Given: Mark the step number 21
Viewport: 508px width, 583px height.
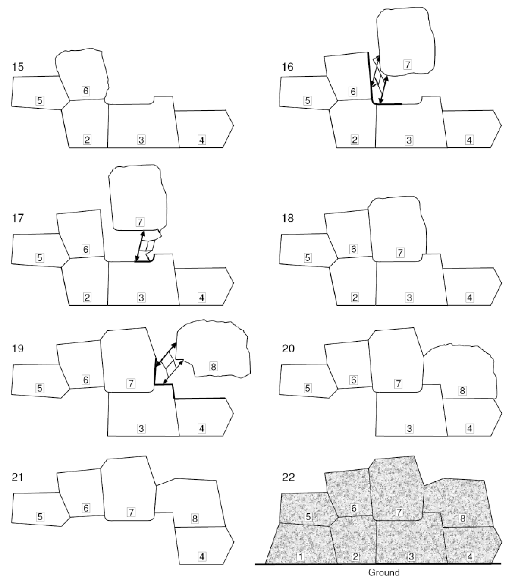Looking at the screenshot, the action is [18, 477].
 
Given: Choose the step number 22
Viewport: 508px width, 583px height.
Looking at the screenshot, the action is [288, 477].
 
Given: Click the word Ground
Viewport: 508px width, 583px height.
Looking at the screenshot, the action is [384, 572].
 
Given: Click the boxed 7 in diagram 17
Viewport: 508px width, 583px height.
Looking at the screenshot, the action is [140, 222].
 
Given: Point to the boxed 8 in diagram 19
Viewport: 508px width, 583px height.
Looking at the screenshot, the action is [213, 367].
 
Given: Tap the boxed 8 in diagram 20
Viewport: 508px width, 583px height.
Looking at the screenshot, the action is [462, 391].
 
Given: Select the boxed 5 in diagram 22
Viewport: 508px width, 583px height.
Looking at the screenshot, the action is [308, 517].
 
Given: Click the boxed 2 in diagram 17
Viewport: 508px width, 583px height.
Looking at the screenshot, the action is [87, 297].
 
